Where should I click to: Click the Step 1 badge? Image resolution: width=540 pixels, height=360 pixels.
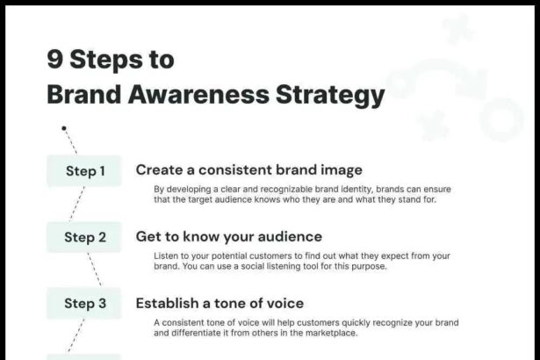[84, 170]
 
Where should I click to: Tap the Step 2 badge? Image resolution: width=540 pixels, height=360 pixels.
[84, 237]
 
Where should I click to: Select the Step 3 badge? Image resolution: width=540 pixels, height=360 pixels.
[84, 304]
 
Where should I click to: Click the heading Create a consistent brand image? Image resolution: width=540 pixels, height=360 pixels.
[248, 169]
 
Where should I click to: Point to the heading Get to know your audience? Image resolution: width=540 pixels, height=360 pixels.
[228, 236]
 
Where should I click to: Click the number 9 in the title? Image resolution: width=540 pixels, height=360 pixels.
[55, 60]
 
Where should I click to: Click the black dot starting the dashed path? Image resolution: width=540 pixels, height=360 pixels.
[64, 127]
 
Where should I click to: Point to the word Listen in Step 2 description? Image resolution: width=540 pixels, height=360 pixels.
[166, 256]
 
